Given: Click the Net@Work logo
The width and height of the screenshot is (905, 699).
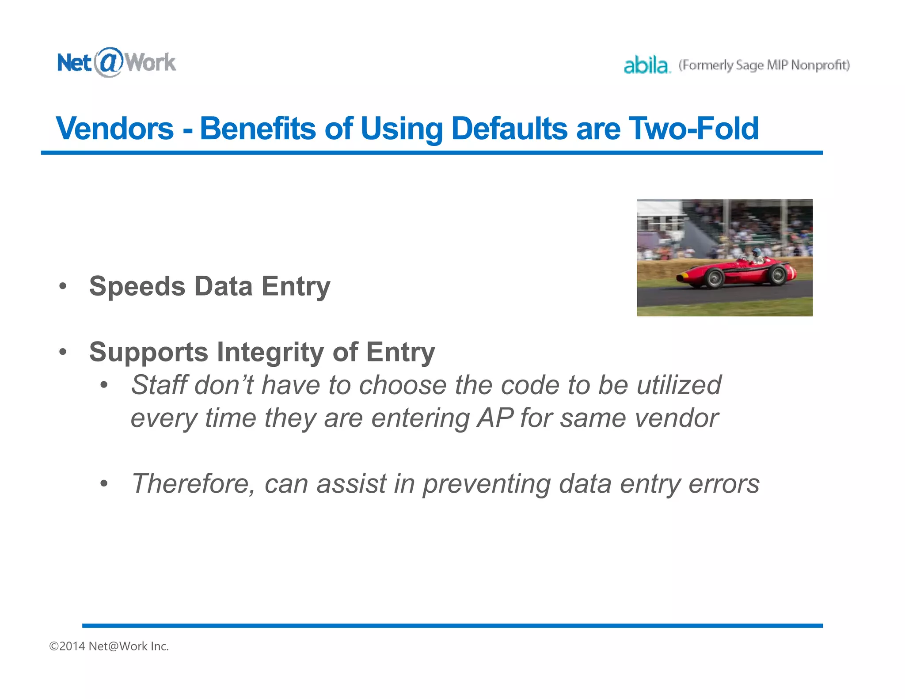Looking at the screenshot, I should pos(117,62).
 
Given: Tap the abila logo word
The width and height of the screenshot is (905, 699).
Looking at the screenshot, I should pos(646,65).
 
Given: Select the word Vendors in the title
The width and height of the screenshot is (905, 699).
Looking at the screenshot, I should pos(115,129).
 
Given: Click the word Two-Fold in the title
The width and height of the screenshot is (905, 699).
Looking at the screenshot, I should pos(693,129).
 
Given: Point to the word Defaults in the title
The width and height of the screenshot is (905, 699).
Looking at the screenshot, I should pos(509,129).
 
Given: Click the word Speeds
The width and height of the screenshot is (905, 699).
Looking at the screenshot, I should pos(137,286).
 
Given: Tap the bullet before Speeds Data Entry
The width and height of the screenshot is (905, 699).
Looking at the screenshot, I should pos(63,286).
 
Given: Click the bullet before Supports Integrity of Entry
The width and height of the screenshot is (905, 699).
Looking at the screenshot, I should pos(63,352).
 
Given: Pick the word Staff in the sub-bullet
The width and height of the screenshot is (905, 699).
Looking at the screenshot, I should pos(159,385).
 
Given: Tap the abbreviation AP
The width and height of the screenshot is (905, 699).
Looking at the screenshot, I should pos(495,418).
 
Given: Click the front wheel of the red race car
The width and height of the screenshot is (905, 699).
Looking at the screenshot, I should pos(714,278).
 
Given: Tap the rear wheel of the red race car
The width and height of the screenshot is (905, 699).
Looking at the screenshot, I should pos(777,275).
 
